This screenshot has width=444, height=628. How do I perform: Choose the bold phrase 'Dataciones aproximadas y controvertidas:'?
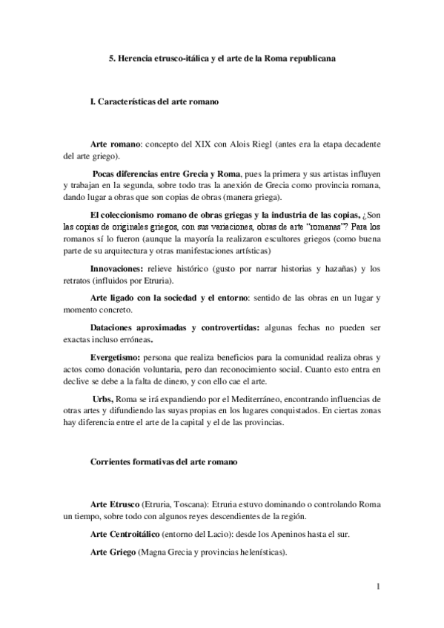point(175,327)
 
